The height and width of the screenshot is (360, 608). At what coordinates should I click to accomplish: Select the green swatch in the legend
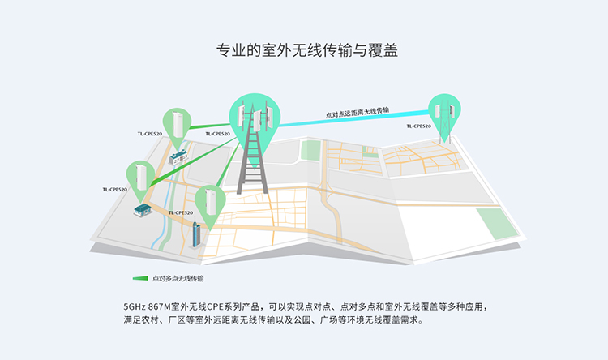[140, 278]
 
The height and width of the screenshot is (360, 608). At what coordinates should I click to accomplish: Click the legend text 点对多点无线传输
[178, 278]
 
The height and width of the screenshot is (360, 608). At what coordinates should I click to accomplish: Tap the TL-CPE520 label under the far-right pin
[420, 126]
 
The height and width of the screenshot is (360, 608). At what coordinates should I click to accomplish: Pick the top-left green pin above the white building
[178, 122]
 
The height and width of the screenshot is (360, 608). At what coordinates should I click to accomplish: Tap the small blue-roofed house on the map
[143, 210]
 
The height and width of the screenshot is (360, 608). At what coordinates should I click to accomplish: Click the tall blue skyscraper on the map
[195, 232]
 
